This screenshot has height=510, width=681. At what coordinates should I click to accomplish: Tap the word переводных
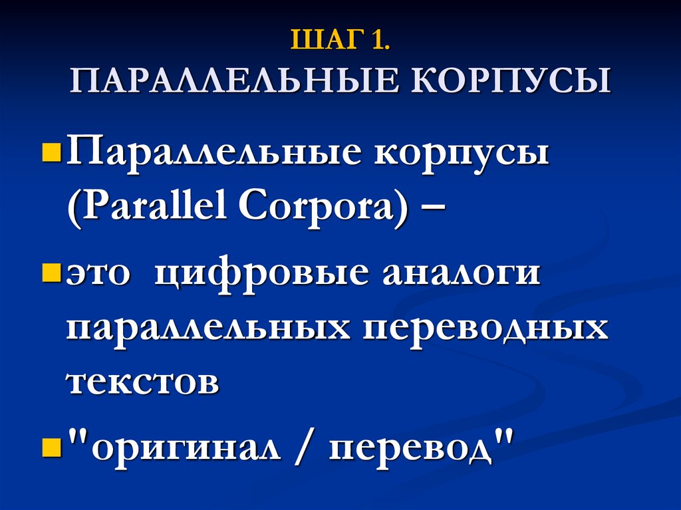tap(485, 329)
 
